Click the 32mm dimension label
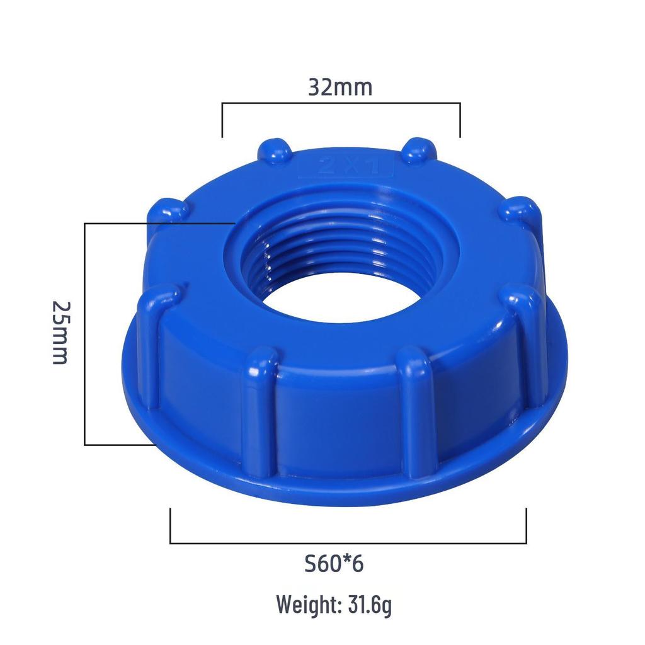tap(340, 87)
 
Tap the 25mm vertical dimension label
tap(60, 332)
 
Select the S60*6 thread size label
tap(333, 564)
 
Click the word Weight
tap(308, 605)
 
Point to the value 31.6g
tap(370, 605)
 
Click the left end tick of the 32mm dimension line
tap(222, 120)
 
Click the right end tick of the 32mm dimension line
tap(460, 120)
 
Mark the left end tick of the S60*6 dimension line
tap(171, 526)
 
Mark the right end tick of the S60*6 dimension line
tap(526, 526)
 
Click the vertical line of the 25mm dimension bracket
tap(85, 334)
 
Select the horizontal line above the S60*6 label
tap(348, 542)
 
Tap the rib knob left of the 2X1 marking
tap(274, 152)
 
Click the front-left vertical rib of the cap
tap(259, 416)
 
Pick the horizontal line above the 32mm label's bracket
tap(341, 103)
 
